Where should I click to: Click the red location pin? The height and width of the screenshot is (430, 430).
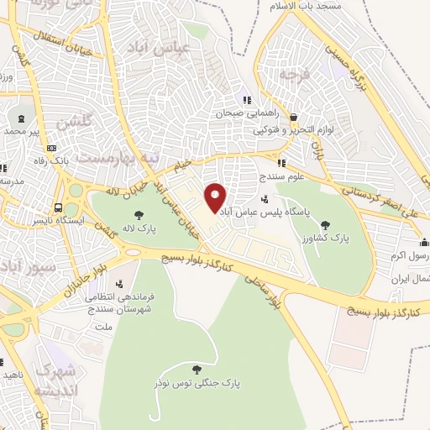point(216,198)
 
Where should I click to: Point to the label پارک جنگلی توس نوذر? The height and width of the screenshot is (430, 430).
point(197,383)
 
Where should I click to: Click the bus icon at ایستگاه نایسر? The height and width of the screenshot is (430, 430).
point(58,207)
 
